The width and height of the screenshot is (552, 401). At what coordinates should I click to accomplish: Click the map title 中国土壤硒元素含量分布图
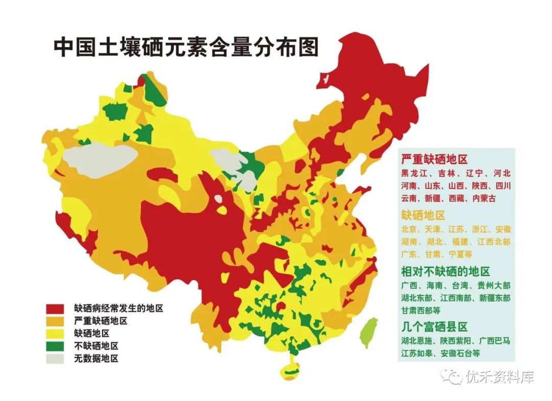point(186,47)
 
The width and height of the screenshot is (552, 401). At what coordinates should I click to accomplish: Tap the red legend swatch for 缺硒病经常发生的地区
point(55,309)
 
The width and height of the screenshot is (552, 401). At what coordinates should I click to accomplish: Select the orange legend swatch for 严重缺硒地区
point(55,321)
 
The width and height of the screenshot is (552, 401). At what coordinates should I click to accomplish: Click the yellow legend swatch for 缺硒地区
point(55,334)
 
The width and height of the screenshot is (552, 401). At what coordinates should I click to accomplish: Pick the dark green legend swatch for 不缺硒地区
point(55,346)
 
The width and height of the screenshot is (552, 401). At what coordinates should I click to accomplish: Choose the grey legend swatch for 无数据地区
point(55,359)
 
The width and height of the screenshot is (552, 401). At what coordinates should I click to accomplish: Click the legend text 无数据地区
point(96,359)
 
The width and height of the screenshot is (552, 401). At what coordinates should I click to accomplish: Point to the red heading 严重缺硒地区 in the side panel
point(434,159)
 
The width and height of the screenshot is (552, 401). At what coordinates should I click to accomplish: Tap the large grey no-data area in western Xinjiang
point(100,159)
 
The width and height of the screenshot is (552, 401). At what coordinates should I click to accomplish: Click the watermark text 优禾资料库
point(499,377)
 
